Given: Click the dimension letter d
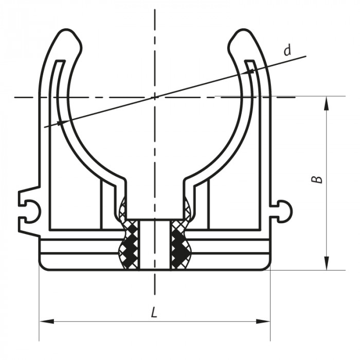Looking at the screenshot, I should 287,50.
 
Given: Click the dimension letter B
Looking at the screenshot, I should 318,179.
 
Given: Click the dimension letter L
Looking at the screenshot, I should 154,312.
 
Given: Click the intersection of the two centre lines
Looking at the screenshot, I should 154,97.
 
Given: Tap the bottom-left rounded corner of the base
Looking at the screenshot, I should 43,266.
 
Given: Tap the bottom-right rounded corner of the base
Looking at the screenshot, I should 266,266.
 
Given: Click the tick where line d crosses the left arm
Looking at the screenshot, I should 61,122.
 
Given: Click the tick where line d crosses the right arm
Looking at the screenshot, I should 251,71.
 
